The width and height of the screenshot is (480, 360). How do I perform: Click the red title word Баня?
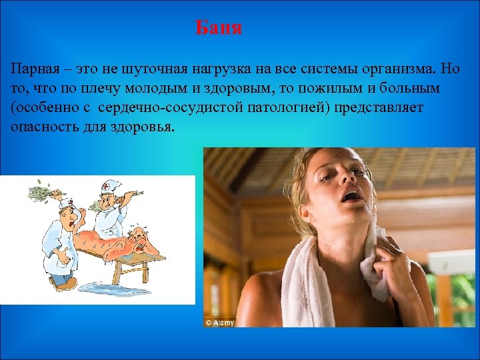(219, 29)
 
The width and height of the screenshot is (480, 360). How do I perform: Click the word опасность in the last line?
(42, 127)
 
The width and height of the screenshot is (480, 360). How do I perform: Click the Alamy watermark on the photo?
(221, 322)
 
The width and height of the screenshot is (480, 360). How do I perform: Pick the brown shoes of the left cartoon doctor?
(63, 283)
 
